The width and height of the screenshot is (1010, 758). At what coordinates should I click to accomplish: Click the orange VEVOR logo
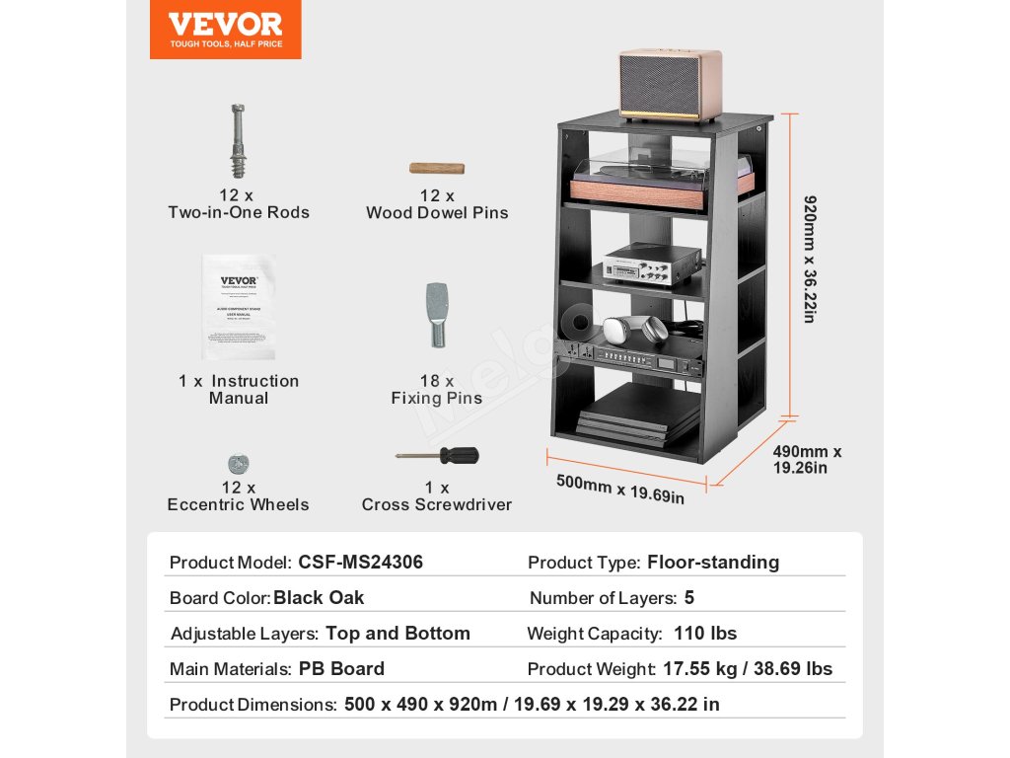(x=225, y=30)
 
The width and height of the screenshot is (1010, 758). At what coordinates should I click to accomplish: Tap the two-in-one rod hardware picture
(x=237, y=139)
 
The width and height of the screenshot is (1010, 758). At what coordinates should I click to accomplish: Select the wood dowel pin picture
(x=437, y=168)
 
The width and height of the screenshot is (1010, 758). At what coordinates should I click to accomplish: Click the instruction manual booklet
(x=238, y=307)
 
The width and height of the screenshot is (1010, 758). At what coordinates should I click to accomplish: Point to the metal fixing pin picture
(x=436, y=314)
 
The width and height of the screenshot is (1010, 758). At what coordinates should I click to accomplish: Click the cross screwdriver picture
(x=437, y=456)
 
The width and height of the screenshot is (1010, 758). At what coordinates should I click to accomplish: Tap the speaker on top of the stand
(x=670, y=86)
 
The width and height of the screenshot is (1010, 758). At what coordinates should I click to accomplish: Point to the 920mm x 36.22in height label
(x=810, y=260)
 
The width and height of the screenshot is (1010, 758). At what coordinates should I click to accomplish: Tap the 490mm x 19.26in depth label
(x=807, y=459)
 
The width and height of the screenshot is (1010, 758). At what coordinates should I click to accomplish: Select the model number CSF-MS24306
(x=360, y=563)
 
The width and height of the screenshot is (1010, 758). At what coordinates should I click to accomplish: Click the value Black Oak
(x=319, y=598)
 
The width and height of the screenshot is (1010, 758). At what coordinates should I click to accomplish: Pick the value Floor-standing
(x=712, y=563)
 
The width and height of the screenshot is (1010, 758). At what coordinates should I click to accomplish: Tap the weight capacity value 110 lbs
(x=705, y=634)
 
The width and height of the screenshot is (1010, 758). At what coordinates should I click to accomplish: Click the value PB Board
(x=341, y=669)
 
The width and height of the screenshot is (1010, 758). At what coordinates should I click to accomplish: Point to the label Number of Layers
(x=602, y=598)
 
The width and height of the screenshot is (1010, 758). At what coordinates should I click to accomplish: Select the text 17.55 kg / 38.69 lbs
(x=747, y=669)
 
